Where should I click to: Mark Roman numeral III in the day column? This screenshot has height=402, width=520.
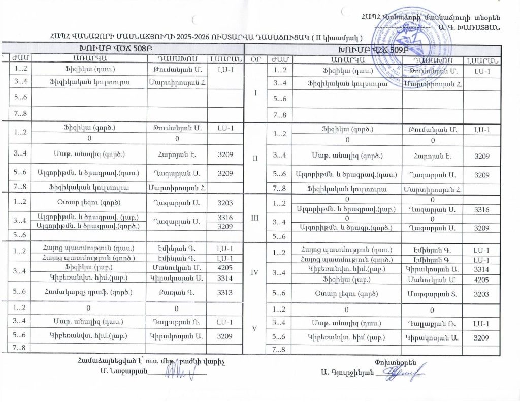tap(255, 217)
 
